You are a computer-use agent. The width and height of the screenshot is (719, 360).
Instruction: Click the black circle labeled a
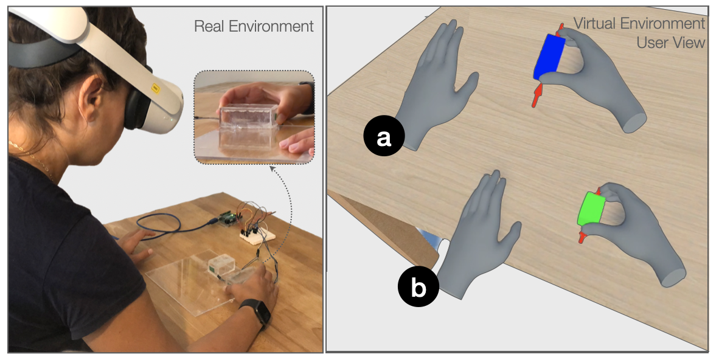point(384,136)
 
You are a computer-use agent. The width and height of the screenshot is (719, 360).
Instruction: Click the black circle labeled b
point(418,287)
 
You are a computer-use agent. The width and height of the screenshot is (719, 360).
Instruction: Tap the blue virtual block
point(549,57)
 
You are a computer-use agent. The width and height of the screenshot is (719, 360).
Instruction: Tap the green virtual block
point(591,209)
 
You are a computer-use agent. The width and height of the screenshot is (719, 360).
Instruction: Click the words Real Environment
point(254,26)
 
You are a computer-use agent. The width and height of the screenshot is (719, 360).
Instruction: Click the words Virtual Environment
point(639,23)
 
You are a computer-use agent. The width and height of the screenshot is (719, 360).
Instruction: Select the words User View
point(671,43)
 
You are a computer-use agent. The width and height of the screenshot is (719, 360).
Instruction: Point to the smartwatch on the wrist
point(256,313)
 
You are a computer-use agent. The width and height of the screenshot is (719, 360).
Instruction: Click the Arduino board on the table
point(230,218)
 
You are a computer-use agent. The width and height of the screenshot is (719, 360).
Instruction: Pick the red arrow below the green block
point(582,237)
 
